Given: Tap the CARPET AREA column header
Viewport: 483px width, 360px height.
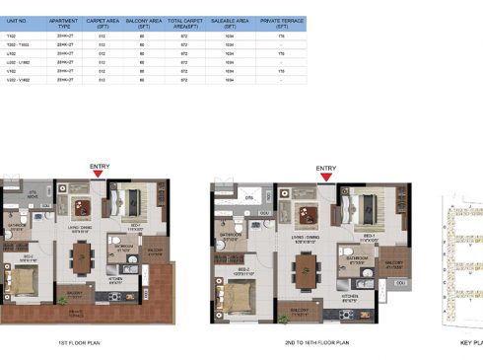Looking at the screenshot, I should [x=103, y=19].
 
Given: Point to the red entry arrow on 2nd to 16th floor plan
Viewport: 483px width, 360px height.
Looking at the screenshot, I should [x=324, y=179].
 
